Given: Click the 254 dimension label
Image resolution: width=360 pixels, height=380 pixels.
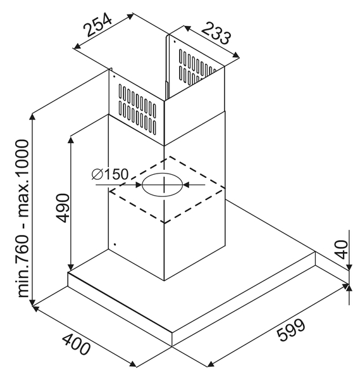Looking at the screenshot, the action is pyautogui.click(x=97, y=25).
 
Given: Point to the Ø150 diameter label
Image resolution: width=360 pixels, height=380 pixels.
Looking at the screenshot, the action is pyautogui.click(x=109, y=174).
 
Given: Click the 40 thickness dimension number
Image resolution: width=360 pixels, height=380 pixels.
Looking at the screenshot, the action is pyautogui.click(x=342, y=250).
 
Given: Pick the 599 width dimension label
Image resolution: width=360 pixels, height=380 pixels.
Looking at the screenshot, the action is pyautogui.click(x=290, y=330).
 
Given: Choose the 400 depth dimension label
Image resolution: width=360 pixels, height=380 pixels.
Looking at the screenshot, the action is pyautogui.click(x=77, y=344).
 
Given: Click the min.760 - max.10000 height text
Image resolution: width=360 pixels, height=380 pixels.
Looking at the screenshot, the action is pyautogui.click(x=23, y=218).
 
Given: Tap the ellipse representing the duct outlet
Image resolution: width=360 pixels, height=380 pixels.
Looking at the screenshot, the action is pyautogui.click(x=162, y=185).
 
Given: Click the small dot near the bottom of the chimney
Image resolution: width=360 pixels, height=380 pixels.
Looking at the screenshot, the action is pyautogui.click(x=115, y=244).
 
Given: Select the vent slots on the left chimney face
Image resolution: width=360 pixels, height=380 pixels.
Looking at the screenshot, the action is pyautogui.click(x=137, y=108).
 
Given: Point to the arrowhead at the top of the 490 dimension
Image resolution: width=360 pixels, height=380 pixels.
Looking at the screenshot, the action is pyautogui.click(x=71, y=140).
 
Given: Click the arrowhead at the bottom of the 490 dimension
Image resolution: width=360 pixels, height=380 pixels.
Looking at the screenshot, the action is pyautogui.click(x=71, y=267).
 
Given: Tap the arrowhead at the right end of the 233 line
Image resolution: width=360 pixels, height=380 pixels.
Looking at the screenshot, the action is pyautogui.click(x=235, y=55).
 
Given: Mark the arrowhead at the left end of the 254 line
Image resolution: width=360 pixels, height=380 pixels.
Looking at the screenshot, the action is pyautogui.click(x=77, y=46).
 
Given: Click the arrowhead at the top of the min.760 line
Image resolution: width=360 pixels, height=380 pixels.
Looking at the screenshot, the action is pyautogui.click(x=32, y=117).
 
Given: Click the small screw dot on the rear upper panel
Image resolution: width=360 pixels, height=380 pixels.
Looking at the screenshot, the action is pyautogui.click(x=175, y=41).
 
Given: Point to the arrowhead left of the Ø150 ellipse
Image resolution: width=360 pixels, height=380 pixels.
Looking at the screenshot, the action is pyautogui.click(x=139, y=185).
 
